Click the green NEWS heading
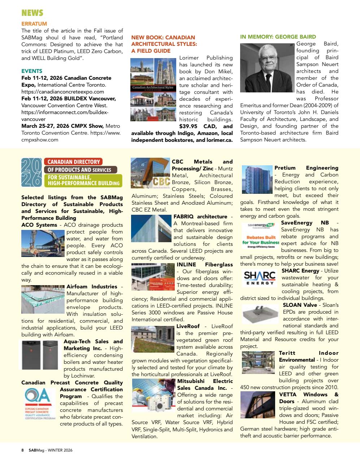point(32,13)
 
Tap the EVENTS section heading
point(32,71)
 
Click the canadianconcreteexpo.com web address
point(62,92)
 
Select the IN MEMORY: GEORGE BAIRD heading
point(278,37)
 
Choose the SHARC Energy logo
point(259,278)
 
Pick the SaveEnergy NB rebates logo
point(259,237)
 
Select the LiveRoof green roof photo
point(153,339)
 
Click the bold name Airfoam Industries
point(92,287)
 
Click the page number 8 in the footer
point(22,450)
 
